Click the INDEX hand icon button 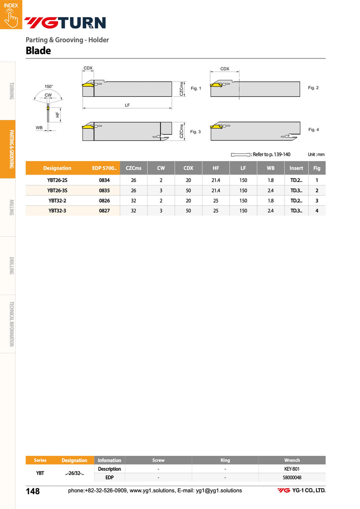point(11,14)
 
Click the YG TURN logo point(65,23)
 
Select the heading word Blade point(38,51)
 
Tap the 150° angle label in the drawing point(48,86)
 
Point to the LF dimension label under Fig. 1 point(127,105)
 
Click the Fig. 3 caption point(195,132)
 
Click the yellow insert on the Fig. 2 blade point(216,85)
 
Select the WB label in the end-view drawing point(39,127)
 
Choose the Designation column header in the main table point(57,168)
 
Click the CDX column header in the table point(188,168)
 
